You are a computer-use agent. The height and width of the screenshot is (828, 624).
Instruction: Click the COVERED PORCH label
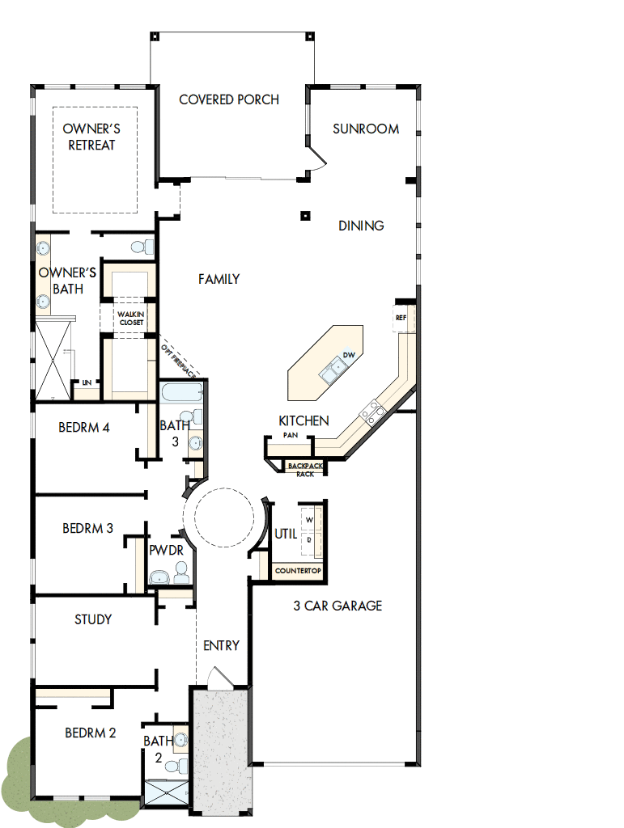pos(229,99)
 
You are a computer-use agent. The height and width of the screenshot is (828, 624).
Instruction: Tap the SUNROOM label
pos(366,129)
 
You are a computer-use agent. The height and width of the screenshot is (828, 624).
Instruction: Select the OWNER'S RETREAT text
pos(91,137)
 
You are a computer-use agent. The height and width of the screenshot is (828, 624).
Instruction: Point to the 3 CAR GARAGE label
pos(337,606)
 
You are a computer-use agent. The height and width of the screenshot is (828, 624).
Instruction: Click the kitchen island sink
pos(333,371)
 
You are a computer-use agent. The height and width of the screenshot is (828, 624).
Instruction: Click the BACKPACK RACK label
pos(304,470)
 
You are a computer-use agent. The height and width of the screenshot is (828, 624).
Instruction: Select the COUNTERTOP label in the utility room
pos(298,572)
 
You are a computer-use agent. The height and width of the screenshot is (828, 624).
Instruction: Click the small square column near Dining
pos(305,215)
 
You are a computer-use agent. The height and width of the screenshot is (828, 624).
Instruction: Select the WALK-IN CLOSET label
pos(130,318)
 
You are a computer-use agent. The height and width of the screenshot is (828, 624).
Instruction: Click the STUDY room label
pos(93,619)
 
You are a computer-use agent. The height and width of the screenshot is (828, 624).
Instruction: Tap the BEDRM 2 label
pos(91,733)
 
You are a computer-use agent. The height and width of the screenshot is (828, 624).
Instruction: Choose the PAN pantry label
pos(291,435)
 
